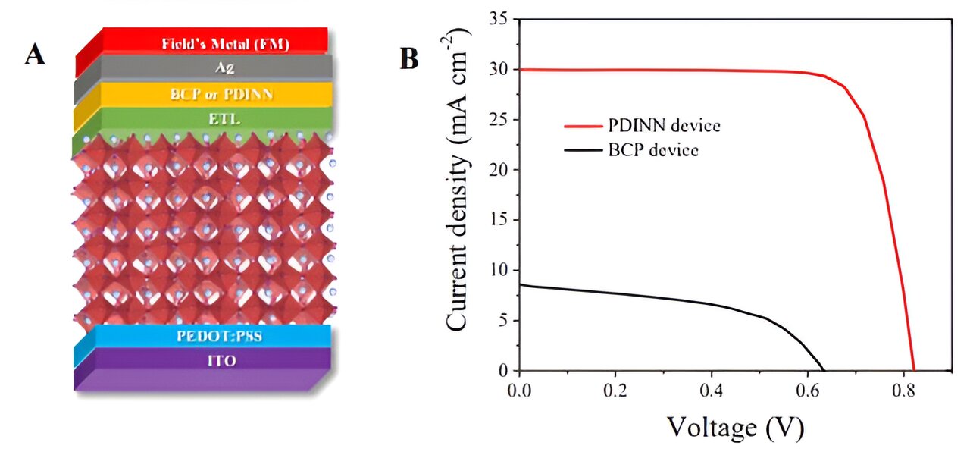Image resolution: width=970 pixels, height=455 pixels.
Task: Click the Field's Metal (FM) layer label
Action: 226,43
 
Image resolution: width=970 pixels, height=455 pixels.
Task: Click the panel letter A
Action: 34,55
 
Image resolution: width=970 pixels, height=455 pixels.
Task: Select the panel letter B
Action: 409,59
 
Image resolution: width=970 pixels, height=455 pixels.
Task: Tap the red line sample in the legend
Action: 583,126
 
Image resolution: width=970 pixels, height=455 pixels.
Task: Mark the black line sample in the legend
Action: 583,150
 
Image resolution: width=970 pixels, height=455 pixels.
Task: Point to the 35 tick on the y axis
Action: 498,19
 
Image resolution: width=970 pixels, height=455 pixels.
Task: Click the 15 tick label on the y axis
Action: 498,220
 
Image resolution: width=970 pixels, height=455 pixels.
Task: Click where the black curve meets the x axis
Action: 824,370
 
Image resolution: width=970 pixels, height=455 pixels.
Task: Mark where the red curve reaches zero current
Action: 915,370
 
